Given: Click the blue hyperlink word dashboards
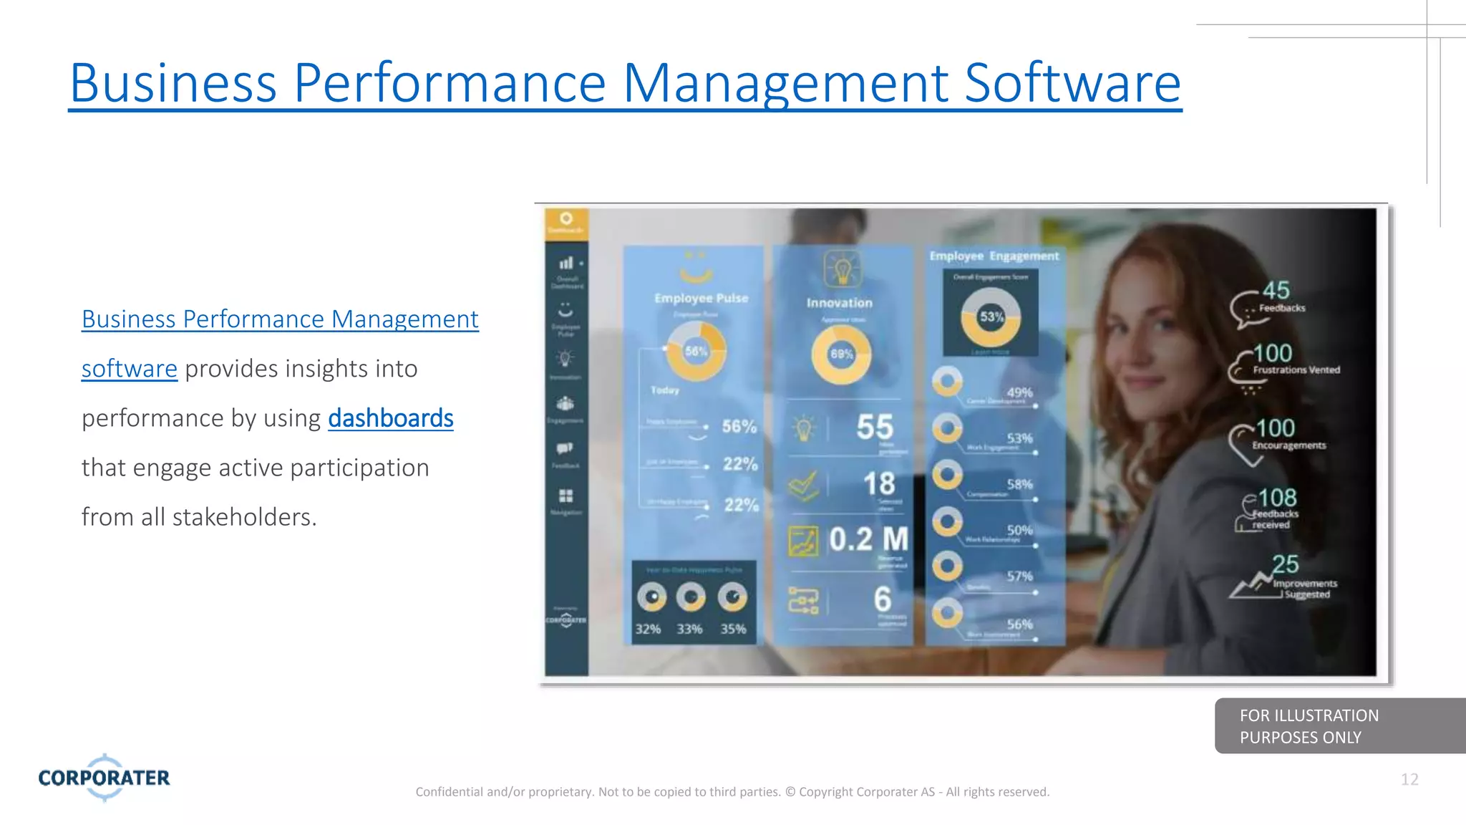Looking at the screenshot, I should click(x=391, y=418).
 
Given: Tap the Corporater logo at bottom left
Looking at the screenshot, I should click(x=104, y=778).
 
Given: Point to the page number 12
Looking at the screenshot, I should click(x=1409, y=779).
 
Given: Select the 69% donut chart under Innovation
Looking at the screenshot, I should click(x=841, y=354).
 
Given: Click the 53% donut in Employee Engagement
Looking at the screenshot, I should click(x=991, y=317).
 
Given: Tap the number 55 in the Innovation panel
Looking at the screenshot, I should click(x=875, y=427).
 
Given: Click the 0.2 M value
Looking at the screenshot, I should click(x=868, y=539).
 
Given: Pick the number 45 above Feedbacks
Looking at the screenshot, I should click(x=1276, y=290).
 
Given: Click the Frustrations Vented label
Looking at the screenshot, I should click(x=1296, y=370).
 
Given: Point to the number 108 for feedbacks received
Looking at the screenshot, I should click(x=1278, y=498).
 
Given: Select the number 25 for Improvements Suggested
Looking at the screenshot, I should click(x=1286, y=564).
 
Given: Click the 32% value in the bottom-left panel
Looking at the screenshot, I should click(x=648, y=629).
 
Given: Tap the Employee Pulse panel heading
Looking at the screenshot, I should click(x=701, y=298).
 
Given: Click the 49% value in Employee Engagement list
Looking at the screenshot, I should click(x=1019, y=392).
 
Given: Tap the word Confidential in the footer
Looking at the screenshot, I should click(x=450, y=791).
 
